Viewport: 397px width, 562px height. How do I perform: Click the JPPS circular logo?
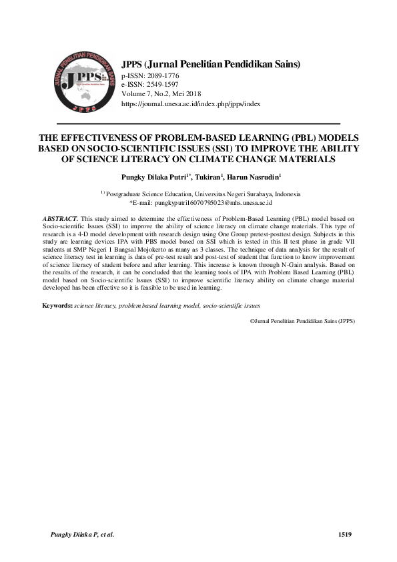(x=83, y=82)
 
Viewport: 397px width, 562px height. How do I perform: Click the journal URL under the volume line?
(x=190, y=105)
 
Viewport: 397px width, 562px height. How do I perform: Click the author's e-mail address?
(x=222, y=202)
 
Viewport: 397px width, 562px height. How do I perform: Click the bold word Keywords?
(x=57, y=305)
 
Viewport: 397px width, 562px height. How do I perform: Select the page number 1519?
(x=345, y=534)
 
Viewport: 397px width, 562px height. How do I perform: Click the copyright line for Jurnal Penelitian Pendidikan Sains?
(x=302, y=320)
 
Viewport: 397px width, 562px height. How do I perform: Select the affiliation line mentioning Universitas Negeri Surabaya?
(x=203, y=194)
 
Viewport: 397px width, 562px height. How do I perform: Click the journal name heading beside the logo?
(x=211, y=64)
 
